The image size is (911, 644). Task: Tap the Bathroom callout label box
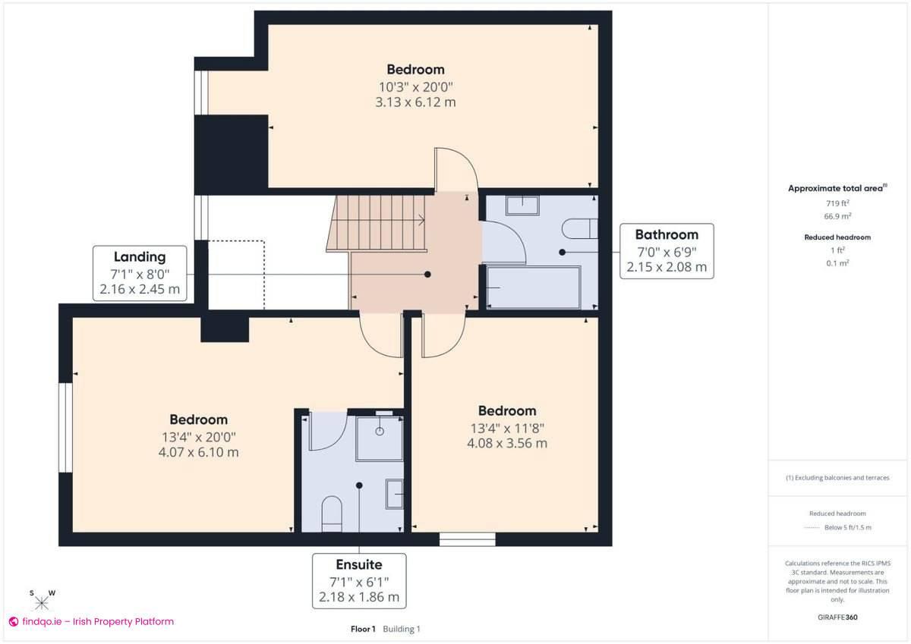pos(667,251)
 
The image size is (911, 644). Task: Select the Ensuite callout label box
pos(359,580)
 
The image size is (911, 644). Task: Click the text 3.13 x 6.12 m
pos(415,102)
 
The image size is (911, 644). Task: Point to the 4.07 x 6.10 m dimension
pos(198,453)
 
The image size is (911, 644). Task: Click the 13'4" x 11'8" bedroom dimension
pos(506,428)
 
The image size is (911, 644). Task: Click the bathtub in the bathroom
pos(533,287)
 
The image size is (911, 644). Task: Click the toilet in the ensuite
pos(333,514)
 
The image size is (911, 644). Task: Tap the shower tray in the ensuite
pos(380,438)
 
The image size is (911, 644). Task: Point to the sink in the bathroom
pos(522,205)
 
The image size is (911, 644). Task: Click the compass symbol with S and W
pos(42,601)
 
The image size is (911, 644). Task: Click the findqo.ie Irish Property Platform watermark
pos(91,621)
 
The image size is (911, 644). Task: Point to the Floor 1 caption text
pos(363,629)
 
